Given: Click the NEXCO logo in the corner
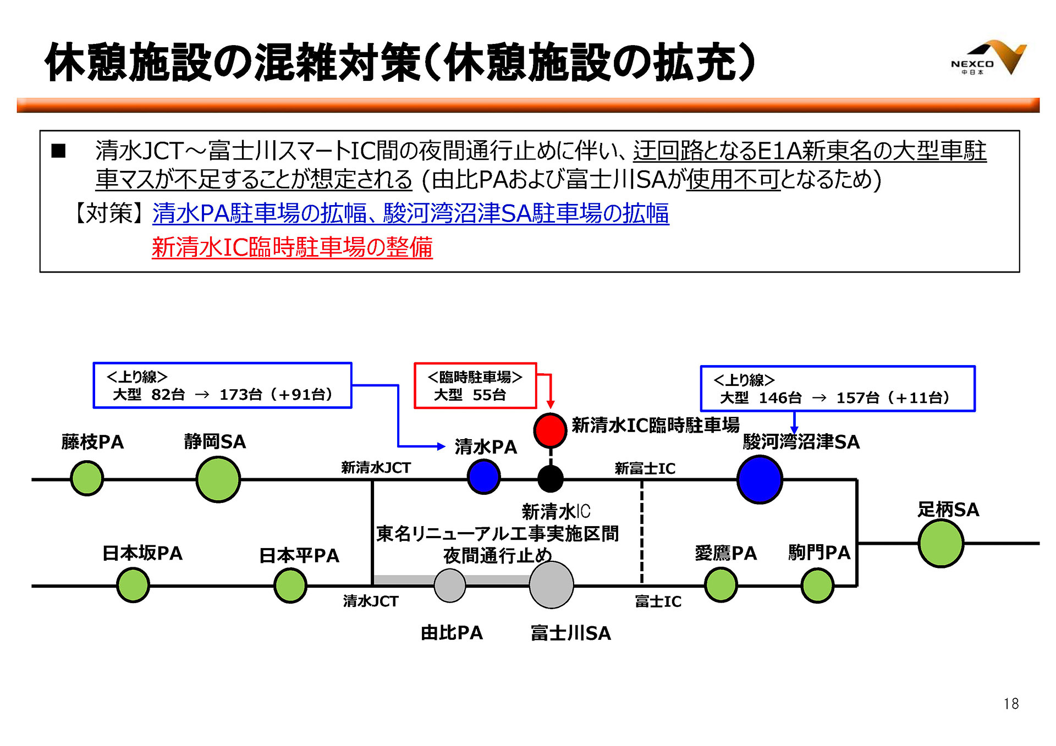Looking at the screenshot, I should click(988, 58).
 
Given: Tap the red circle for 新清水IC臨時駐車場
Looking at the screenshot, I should click(550, 430).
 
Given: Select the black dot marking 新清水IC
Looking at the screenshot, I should click(550, 478).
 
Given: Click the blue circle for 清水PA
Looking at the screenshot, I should click(483, 477).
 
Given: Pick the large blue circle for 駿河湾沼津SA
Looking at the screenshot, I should click(760, 479).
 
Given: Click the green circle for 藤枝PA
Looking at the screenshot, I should click(87, 478).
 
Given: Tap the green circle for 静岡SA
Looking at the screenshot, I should click(218, 479).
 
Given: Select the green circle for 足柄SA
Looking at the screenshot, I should click(941, 543).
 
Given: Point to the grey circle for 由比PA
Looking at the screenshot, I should click(450, 585).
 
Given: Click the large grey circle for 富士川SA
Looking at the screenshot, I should click(551, 585).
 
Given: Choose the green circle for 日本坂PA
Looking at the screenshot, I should click(133, 585).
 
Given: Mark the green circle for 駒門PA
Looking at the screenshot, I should click(817, 585).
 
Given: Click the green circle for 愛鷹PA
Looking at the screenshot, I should click(721, 585).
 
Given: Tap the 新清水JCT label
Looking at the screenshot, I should click(376, 468).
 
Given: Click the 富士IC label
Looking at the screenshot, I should click(658, 601).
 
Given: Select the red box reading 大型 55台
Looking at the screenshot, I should click(475, 386).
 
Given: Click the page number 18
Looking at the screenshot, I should click(1011, 704).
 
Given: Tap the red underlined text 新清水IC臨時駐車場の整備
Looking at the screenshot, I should click(292, 247).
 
